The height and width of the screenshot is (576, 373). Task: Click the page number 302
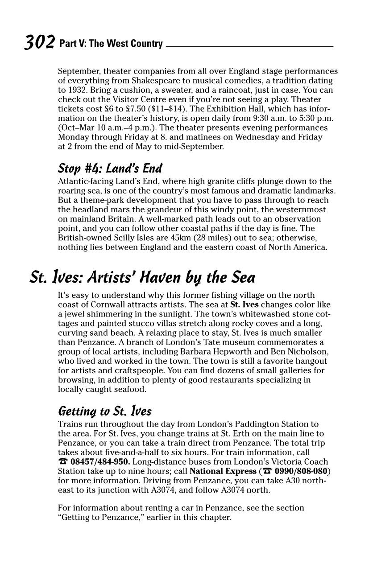click(x=39, y=42)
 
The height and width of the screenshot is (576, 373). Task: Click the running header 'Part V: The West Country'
click(x=111, y=44)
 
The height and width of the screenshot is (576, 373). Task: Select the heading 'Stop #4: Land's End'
click(x=110, y=169)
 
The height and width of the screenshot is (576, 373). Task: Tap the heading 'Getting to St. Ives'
click(x=105, y=411)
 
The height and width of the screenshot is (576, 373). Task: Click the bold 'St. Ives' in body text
click(x=245, y=305)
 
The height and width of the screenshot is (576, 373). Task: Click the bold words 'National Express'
click(x=223, y=471)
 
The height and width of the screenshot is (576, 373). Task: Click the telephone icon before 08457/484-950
click(x=63, y=462)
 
